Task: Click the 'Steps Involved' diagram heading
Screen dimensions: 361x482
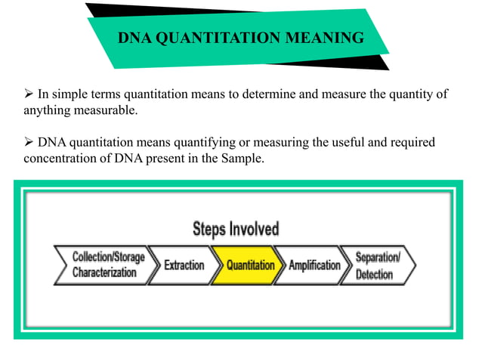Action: point(236,229)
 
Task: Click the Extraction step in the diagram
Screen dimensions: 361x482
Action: point(184,265)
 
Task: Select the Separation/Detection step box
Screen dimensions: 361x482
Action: point(378,265)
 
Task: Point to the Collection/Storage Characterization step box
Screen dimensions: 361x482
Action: point(106,265)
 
